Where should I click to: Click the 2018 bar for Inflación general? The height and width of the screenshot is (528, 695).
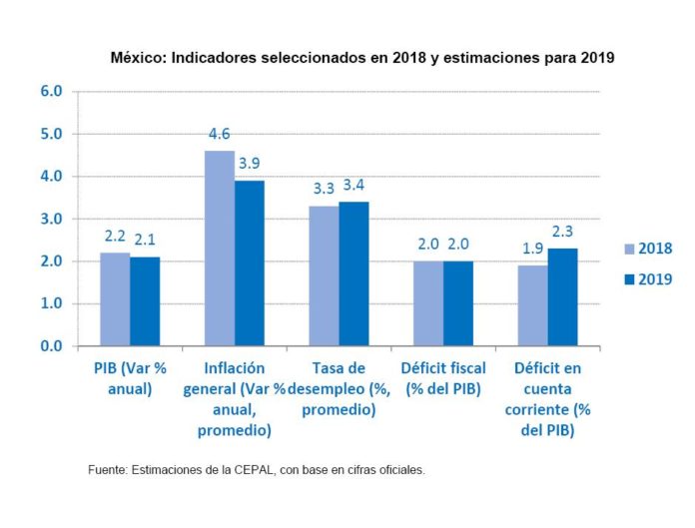pos(220,249)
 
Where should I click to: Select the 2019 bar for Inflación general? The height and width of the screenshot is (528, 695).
pos(250,264)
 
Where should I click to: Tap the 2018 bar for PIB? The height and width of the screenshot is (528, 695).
pos(115,299)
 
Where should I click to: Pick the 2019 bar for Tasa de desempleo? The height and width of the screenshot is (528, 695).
pos(353,274)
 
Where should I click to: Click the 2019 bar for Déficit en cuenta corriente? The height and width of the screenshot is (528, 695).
pos(562,297)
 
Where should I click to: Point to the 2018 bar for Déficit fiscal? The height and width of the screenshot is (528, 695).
pos(428,303)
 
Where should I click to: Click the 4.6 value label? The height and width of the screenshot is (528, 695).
pos(220,134)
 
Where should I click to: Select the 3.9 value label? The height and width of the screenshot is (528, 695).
pos(250,164)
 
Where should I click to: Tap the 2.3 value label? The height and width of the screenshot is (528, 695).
pos(562,232)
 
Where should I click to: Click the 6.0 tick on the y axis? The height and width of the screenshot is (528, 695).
pos(51,91)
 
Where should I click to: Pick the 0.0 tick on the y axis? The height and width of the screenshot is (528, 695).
pos(51,346)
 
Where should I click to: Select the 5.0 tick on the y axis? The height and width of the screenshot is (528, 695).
pos(51,134)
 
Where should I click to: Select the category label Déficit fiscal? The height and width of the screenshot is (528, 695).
pos(443,377)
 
